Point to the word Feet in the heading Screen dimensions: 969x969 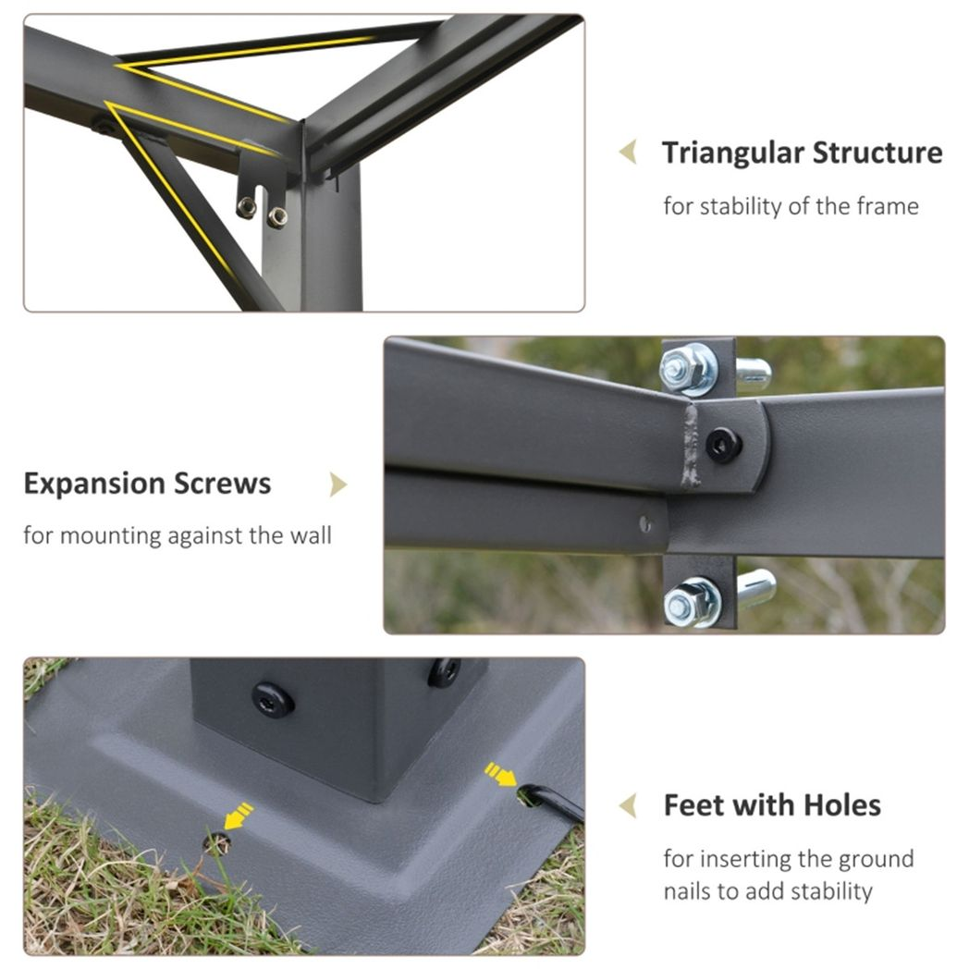tap(693, 805)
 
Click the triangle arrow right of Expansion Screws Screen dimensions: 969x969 tap(338, 484)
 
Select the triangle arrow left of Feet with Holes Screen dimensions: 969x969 tap(628, 805)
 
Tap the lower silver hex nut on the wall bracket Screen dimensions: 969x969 tap(689, 602)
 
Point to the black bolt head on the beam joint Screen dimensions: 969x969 tap(723, 446)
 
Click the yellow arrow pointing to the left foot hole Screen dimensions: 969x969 tap(239, 816)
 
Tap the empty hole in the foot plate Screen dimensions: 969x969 tap(217, 842)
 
